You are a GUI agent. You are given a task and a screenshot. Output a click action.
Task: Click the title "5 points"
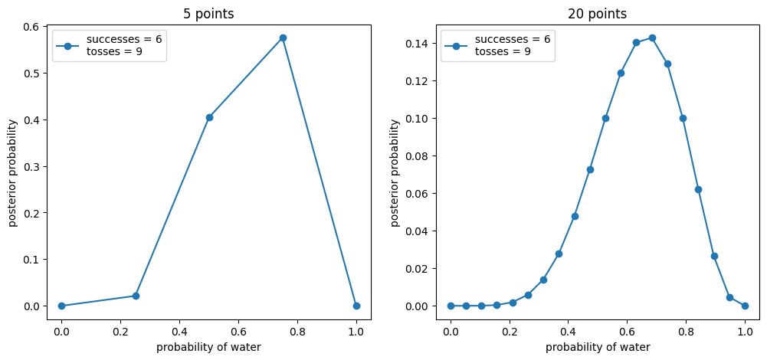(209, 14)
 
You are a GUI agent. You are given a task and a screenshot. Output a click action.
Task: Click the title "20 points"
(597, 14)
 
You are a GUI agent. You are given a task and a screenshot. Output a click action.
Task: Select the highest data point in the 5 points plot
(283, 38)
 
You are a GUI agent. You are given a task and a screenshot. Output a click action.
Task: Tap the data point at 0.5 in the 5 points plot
(209, 117)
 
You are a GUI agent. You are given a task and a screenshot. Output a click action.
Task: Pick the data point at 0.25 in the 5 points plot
(136, 296)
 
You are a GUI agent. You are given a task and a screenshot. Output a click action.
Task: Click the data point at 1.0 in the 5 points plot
(356, 306)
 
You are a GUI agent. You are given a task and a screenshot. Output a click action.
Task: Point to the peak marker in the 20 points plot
(652, 38)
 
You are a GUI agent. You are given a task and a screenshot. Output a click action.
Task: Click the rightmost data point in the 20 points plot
(745, 306)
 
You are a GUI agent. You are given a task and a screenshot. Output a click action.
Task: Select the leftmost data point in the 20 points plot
(451, 306)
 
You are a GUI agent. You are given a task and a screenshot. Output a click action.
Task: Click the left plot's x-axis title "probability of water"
(208, 347)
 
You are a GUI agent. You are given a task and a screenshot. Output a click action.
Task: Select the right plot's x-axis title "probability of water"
(598, 347)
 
